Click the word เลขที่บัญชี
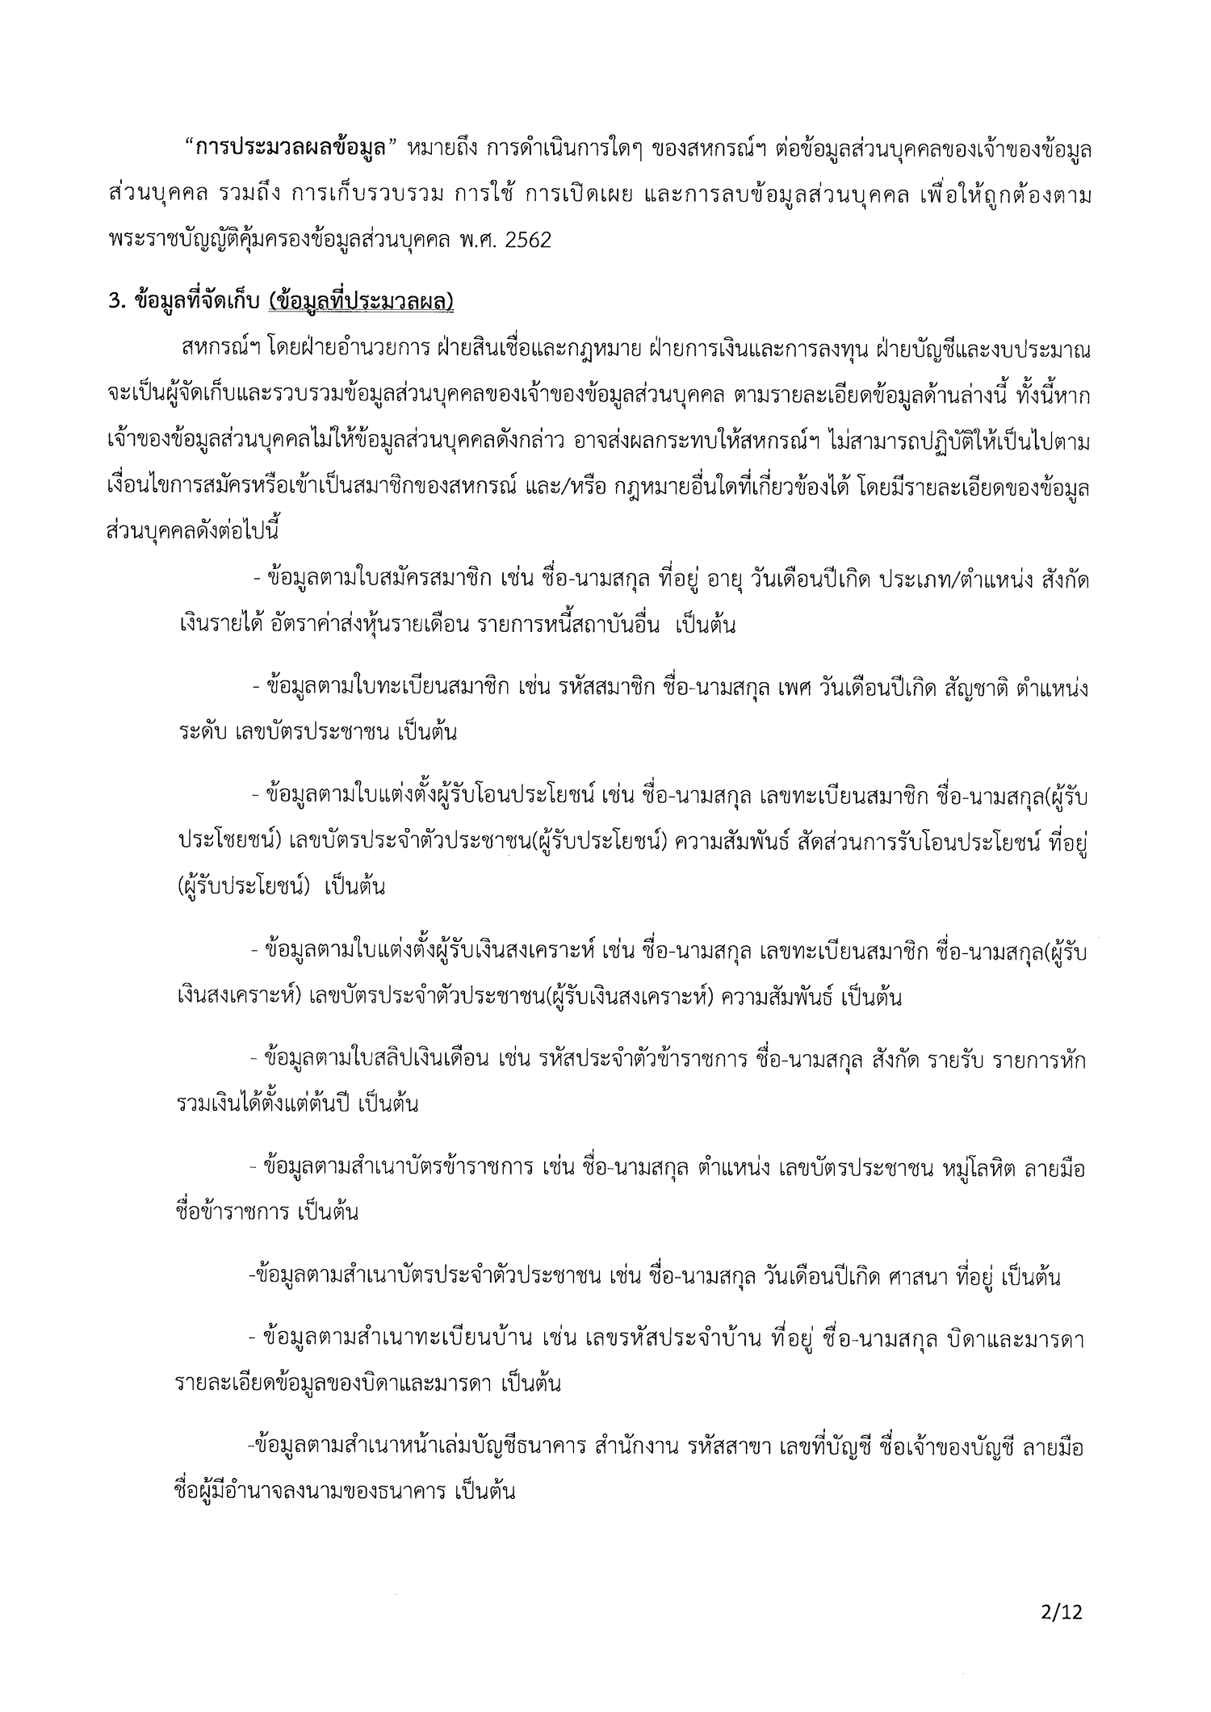point(827,1446)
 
